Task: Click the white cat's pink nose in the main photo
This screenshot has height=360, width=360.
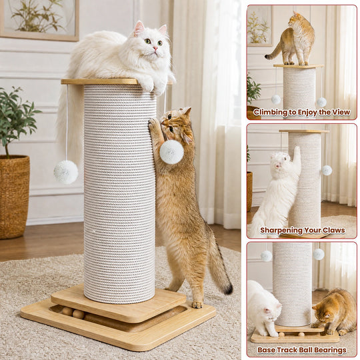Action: click(x=155, y=49)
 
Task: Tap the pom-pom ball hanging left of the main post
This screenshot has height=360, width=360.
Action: click(x=66, y=172)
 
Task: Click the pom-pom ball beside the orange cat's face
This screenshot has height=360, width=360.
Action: click(x=171, y=152)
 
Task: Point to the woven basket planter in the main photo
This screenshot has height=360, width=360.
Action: click(x=15, y=197)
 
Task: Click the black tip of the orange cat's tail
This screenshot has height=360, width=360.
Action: click(x=228, y=289)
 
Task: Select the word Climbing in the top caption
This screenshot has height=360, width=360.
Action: click(x=270, y=112)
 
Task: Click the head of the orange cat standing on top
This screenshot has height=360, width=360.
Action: click(x=295, y=19)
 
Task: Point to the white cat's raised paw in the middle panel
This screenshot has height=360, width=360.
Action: click(x=297, y=151)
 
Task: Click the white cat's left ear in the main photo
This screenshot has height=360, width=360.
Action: click(x=139, y=28)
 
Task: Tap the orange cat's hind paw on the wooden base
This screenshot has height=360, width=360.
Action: click(x=197, y=305)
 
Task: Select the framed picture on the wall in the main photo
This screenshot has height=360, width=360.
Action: click(x=40, y=20)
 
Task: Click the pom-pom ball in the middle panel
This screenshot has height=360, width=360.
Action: click(x=327, y=170)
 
